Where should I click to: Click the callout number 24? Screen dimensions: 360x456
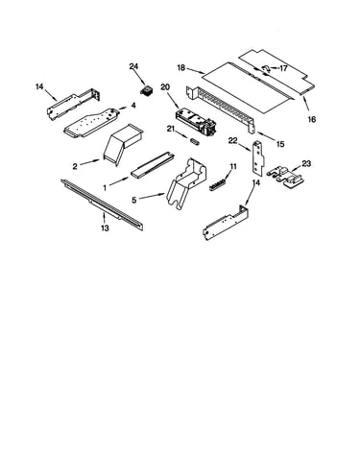click(x=133, y=66)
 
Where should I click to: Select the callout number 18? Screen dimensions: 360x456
click(x=181, y=67)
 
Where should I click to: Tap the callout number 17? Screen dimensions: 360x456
click(x=283, y=68)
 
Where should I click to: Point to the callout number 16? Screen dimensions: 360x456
click(x=312, y=119)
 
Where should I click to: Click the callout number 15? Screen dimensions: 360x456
click(x=280, y=144)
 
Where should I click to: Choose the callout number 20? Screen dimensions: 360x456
click(x=165, y=87)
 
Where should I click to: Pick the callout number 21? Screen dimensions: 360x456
click(x=171, y=129)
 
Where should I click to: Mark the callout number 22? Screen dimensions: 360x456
click(x=233, y=141)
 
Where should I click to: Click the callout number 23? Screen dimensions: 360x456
click(x=306, y=163)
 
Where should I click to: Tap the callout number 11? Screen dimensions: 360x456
click(x=233, y=166)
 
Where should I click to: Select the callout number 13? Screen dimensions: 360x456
click(x=105, y=228)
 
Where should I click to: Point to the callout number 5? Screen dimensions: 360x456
click(x=134, y=200)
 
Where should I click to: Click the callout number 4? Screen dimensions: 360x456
click(x=133, y=106)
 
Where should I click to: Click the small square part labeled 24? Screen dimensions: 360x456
click(x=146, y=90)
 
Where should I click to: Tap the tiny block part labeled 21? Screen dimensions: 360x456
click(x=195, y=141)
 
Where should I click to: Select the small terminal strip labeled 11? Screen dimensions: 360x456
click(x=218, y=184)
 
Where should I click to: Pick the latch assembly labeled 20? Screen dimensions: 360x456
click(x=195, y=122)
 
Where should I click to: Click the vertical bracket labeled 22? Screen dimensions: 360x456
click(x=259, y=157)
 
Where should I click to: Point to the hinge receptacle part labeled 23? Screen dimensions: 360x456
click(x=285, y=177)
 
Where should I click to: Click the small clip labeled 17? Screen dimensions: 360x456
click(x=266, y=68)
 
